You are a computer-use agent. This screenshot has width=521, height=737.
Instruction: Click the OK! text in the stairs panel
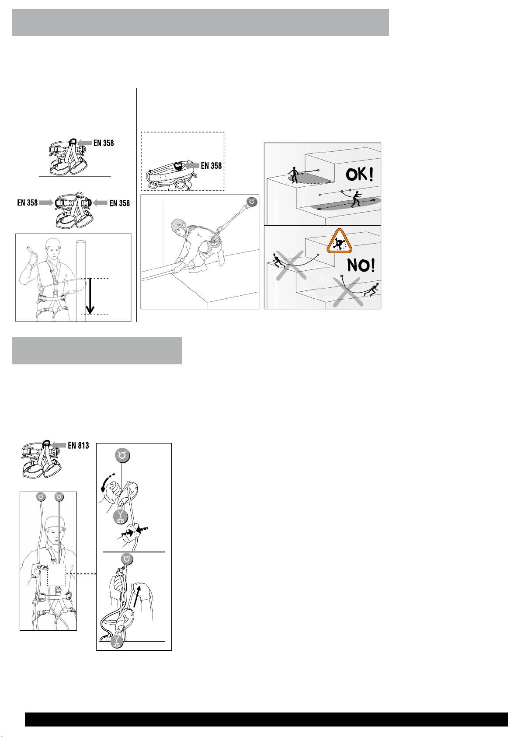pyautogui.click(x=360, y=175)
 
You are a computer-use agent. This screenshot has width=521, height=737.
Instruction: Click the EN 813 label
pyautogui.click(x=78, y=446)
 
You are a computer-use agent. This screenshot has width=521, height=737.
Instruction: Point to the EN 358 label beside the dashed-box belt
pyautogui.click(x=212, y=166)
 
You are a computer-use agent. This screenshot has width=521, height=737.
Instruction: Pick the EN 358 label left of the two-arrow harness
pyautogui.click(x=27, y=203)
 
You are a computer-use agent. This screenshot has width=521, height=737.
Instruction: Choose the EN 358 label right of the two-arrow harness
pyautogui.click(x=120, y=203)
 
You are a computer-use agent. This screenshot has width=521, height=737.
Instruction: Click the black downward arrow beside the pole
pyautogui.click(x=90, y=296)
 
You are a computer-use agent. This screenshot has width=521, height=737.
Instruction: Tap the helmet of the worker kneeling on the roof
pyautogui.click(x=178, y=225)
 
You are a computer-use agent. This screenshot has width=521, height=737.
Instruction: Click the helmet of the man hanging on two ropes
pyautogui.click(x=55, y=523)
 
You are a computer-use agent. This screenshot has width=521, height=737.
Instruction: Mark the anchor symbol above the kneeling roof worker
pyautogui.click(x=252, y=202)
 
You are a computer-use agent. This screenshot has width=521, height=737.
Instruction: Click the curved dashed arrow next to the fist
pyautogui.click(x=108, y=482)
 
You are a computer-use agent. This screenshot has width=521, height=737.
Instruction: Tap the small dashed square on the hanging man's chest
pyautogui.click(x=57, y=575)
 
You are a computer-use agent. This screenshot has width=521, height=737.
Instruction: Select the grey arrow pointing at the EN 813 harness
pyautogui.click(x=59, y=445)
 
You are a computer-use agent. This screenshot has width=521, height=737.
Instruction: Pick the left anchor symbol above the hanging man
pyautogui.click(x=41, y=497)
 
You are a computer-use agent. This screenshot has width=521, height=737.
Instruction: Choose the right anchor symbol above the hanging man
pyautogui.click(x=59, y=497)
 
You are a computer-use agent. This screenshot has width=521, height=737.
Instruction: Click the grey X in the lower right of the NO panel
pyautogui.click(x=348, y=292)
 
